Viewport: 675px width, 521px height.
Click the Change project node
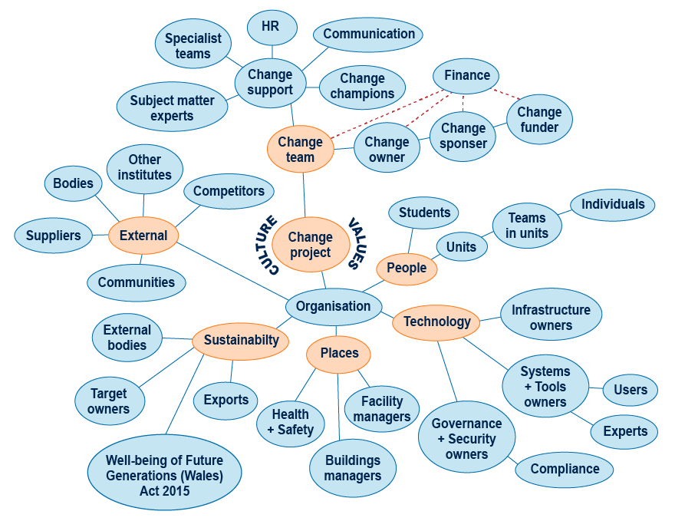pyautogui.click(x=311, y=244)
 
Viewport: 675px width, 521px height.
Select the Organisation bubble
pyautogui.click(x=333, y=306)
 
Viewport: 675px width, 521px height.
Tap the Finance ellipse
pyautogui.click(x=466, y=75)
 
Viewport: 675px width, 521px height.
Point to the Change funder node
pyautogui.click(x=539, y=120)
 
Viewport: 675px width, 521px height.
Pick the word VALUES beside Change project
pyautogui.click(x=356, y=243)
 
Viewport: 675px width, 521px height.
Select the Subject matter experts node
pyautogui.click(x=173, y=108)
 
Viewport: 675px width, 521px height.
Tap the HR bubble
pyautogui.click(x=271, y=26)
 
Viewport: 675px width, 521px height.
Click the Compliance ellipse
pyautogui.click(x=565, y=469)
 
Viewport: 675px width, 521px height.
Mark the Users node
pyautogui.click(x=631, y=390)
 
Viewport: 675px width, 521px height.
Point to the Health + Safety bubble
pyautogui.click(x=290, y=423)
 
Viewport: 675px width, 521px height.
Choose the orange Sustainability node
pyautogui.click(x=241, y=340)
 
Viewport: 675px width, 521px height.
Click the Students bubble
pyautogui.click(x=424, y=213)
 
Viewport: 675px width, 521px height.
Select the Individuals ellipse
pyautogui.click(x=612, y=204)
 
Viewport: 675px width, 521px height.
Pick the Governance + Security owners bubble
pyautogui.click(x=466, y=439)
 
